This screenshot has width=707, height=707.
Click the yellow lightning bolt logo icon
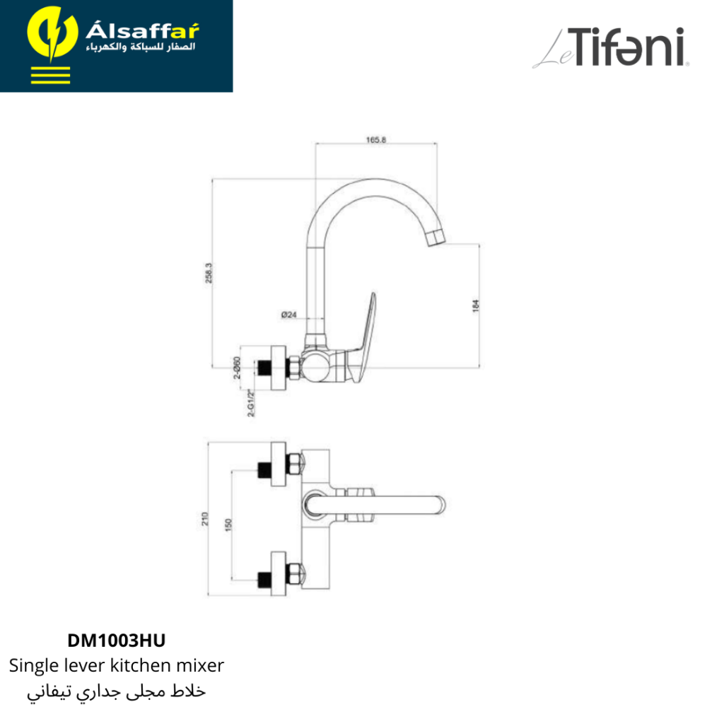tap(52, 34)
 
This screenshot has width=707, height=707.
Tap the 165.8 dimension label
tap(376, 140)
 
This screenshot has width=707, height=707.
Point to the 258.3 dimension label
tap(209, 273)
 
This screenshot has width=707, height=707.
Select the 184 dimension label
tap(476, 305)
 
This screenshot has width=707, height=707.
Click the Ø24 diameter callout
tap(288, 315)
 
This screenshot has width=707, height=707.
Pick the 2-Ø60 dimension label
tap(237, 368)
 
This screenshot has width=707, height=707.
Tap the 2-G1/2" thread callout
tap(252, 403)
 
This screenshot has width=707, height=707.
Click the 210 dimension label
tap(205, 518)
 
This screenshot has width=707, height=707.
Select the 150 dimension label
tap(228, 525)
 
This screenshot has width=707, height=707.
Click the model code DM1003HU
tap(117, 641)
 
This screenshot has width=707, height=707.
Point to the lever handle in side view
tap(364, 338)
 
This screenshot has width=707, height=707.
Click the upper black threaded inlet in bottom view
tap(264, 470)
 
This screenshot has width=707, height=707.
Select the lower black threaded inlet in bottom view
tap(264, 580)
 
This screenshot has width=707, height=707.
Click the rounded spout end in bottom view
tap(439, 505)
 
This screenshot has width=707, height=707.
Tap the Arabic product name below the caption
tap(117, 691)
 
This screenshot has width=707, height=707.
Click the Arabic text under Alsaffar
tap(141, 47)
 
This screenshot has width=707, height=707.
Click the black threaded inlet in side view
tap(263, 368)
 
